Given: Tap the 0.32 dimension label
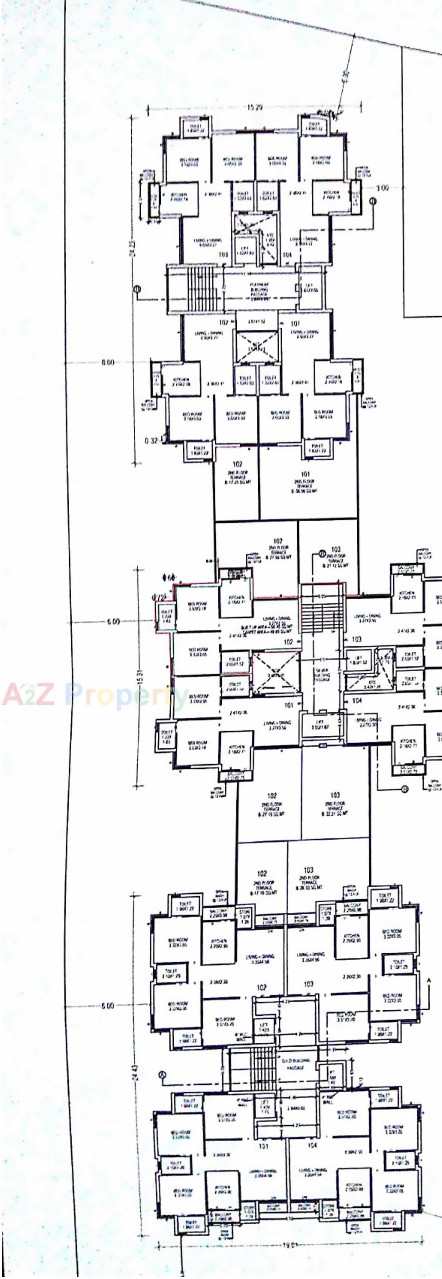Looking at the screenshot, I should (x=151, y=440).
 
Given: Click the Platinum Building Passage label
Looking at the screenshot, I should (x=259, y=290).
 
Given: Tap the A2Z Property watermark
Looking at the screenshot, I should (x=94, y=695).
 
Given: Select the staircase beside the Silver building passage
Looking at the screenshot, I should (x=322, y=616).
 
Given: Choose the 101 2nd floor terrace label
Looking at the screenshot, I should (x=305, y=482).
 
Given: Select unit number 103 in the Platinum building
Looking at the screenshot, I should (x=224, y=254).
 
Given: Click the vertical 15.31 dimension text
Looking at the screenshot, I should (x=141, y=678).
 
